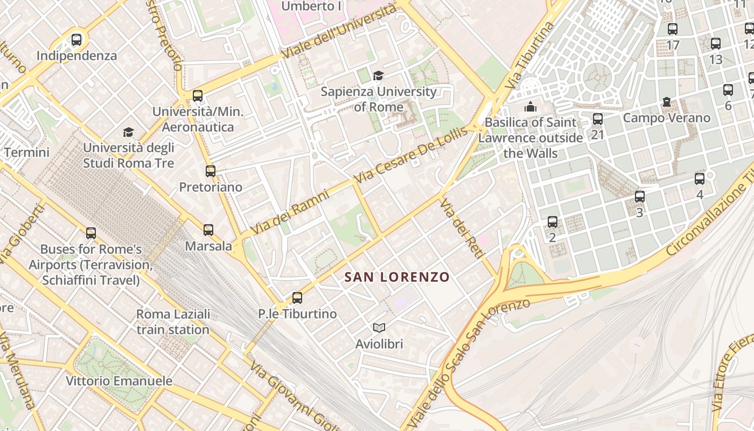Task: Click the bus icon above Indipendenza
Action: point(76,39)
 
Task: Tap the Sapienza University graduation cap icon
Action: point(378,76)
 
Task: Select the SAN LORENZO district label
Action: point(397,277)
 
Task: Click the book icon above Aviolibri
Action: point(379,328)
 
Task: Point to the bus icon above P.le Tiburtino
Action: point(297,297)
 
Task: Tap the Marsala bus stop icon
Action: point(208,230)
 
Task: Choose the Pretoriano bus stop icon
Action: point(211,171)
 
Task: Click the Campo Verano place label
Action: point(667,117)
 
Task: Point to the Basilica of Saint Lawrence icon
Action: point(530,107)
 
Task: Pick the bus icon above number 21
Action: point(598,119)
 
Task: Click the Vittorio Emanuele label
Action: point(119,381)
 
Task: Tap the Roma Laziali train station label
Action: point(173,322)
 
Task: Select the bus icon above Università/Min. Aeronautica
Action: point(198,96)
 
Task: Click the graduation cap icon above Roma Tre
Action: point(128,132)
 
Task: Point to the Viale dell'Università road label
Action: point(339,35)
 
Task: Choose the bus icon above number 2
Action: point(553,221)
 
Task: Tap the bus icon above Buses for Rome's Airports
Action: point(91,233)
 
